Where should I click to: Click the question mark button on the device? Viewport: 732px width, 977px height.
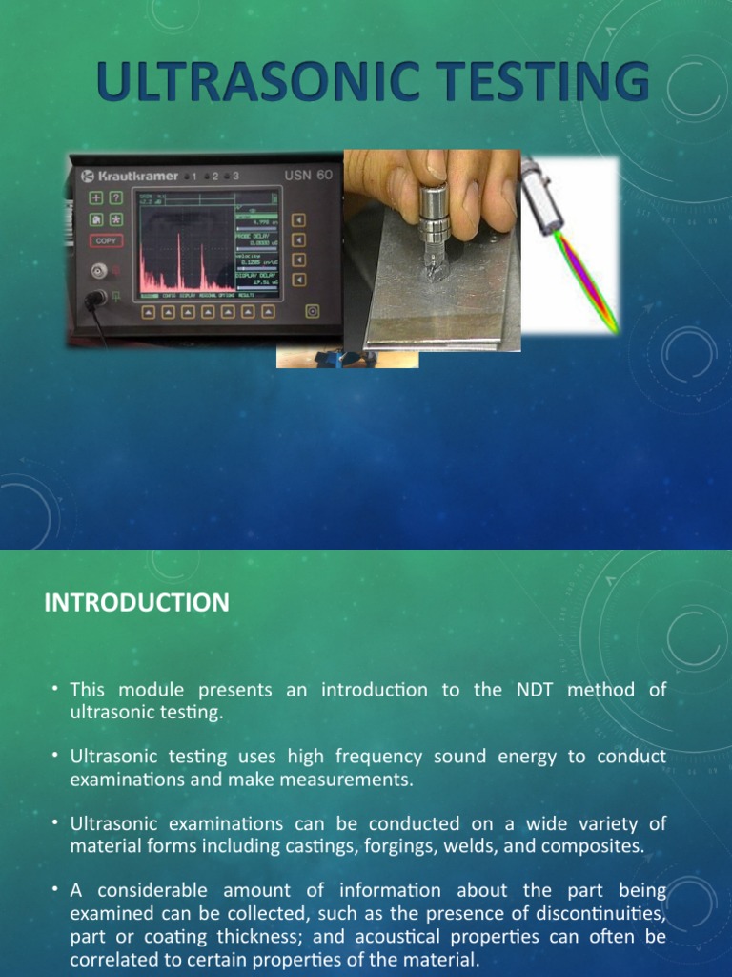[x=115, y=197]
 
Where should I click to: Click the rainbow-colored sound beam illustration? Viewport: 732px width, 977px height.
[x=582, y=278]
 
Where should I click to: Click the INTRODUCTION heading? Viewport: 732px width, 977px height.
[x=137, y=603]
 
